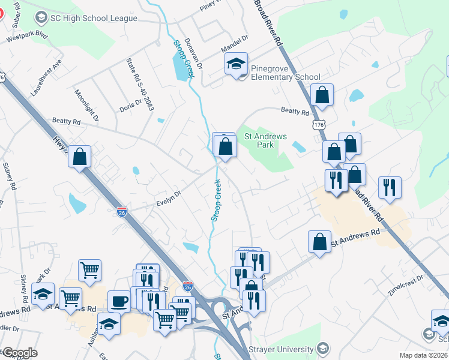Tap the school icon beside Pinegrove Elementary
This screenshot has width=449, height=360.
pos(237,64)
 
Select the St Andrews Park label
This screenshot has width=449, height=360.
pos(265,140)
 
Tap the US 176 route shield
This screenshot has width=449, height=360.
pos(318,124)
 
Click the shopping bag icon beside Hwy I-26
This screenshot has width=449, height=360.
pos(79,157)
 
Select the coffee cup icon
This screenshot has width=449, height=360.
pos(119,301)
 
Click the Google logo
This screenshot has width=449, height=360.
pos(19,353)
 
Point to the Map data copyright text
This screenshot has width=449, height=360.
pos(424,355)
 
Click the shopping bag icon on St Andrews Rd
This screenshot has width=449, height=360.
pos(319,242)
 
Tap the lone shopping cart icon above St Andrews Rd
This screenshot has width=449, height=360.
pos(89,271)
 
